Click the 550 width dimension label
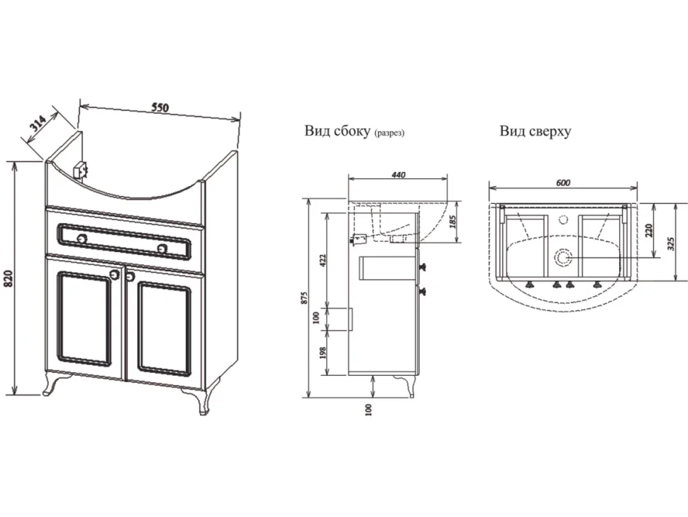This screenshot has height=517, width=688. point(160,107)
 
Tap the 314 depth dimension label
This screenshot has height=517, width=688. point(38,124)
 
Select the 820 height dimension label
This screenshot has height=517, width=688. point(10,278)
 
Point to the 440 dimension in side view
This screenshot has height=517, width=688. point(398,175)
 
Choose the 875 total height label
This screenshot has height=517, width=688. point(306,298)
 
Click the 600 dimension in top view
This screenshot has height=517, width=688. point(563,183)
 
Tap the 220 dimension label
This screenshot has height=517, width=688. point(650,230)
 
